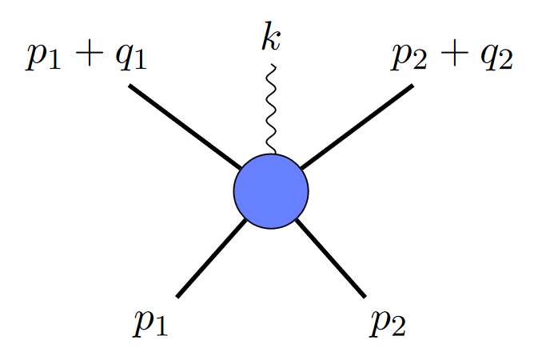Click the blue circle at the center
[x=270, y=191]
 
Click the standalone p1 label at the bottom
[x=151, y=322]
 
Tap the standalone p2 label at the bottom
[x=389, y=322]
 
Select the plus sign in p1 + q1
[x=89, y=57]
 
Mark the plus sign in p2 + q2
[x=453, y=57]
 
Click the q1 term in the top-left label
[x=130, y=59]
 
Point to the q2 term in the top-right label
[x=494, y=59]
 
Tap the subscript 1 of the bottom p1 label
[x=162, y=327]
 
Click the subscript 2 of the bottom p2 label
[x=400, y=327]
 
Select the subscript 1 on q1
[x=140, y=65]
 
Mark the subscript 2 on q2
[x=504, y=65]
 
